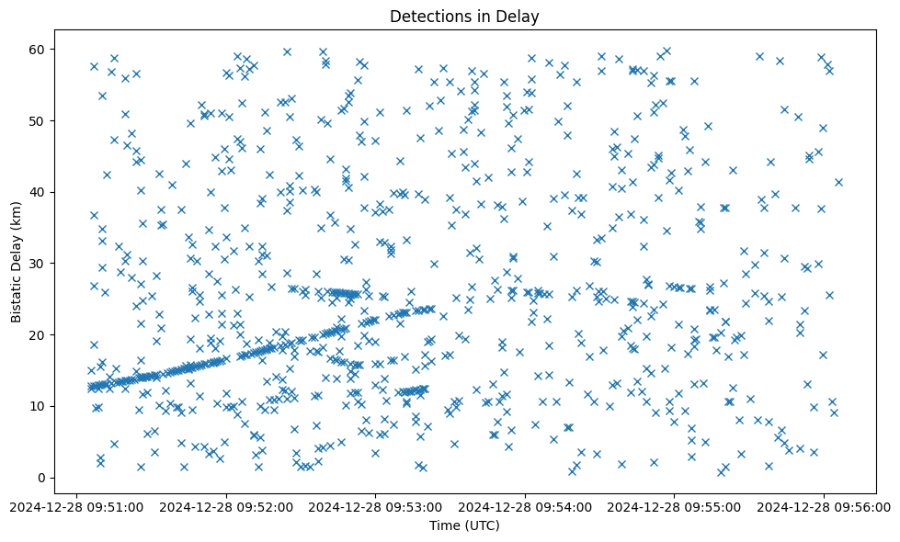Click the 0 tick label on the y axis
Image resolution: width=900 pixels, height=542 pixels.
click(x=43, y=478)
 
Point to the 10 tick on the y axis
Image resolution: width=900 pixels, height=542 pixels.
click(x=40, y=406)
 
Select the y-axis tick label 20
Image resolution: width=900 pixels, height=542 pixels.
click(x=40, y=334)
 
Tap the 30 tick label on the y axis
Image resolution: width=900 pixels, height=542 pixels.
click(x=40, y=264)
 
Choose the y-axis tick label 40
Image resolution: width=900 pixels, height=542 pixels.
click(x=40, y=192)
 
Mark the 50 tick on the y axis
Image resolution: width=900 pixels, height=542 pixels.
click(x=40, y=120)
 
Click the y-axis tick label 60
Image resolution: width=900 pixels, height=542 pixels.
click(x=40, y=49)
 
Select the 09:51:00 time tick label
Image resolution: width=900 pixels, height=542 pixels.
click(x=78, y=506)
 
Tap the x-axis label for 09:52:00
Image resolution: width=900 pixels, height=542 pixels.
click(x=227, y=506)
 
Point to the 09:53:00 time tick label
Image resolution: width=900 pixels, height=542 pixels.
click(x=376, y=506)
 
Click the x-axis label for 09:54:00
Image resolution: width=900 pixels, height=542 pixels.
click(x=525, y=506)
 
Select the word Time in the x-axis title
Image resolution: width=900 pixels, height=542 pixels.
click(x=445, y=526)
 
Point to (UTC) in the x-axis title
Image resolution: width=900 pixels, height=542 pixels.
click(x=481, y=526)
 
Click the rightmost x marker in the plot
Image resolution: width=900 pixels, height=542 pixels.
click(x=838, y=182)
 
